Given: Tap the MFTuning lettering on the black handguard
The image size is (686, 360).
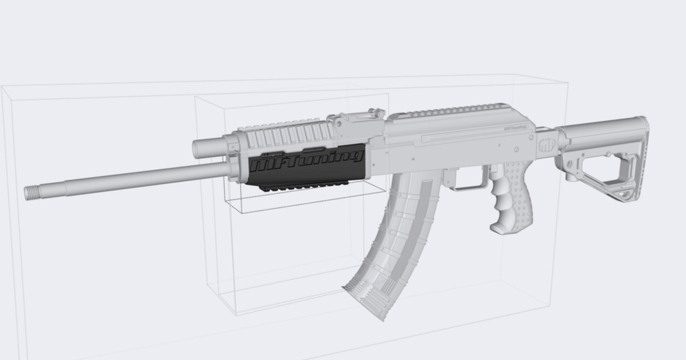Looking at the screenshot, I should click(x=308, y=161).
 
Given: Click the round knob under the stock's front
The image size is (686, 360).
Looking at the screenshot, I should click(x=571, y=176).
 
